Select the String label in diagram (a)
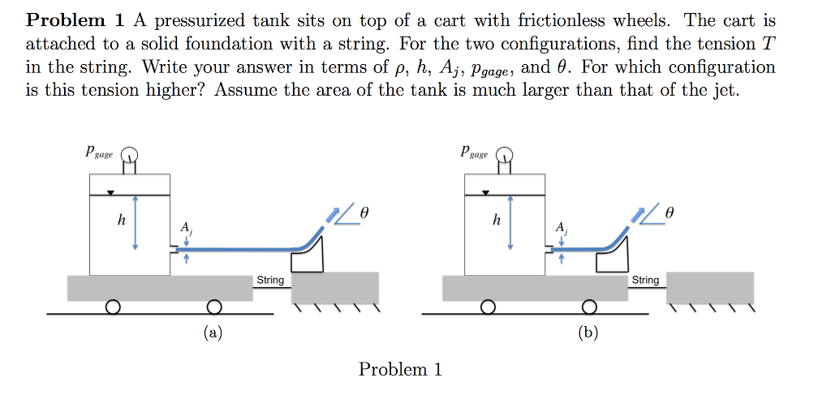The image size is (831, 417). click(270, 280)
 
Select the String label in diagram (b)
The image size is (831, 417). click(645, 280)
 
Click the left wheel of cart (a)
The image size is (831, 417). click(113, 307)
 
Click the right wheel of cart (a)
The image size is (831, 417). click(213, 307)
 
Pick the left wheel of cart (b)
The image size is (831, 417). click(488, 307)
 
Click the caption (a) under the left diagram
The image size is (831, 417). click(213, 332)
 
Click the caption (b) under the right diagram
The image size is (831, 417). click(588, 332)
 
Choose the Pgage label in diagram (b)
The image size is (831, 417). click(473, 152)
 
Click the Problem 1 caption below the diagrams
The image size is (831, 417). click(400, 370)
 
